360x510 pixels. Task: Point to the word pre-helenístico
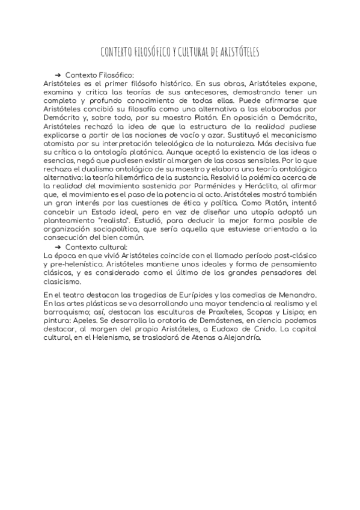pyautogui.click(x=79, y=265)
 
